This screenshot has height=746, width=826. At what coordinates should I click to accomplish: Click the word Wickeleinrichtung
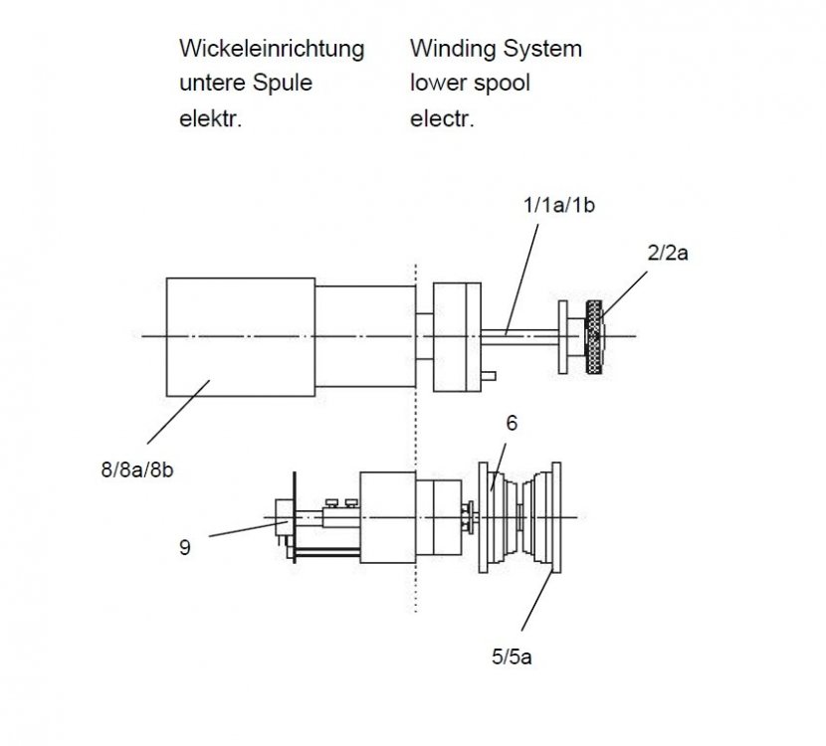(271, 48)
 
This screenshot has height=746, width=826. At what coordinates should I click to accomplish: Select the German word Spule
(284, 84)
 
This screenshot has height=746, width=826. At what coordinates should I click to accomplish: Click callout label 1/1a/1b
(559, 206)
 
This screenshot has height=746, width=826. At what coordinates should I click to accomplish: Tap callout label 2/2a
(669, 253)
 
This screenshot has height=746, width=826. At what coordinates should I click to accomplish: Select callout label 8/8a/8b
(138, 468)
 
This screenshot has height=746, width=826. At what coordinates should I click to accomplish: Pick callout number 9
(186, 546)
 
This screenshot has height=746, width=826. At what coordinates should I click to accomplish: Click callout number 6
(512, 423)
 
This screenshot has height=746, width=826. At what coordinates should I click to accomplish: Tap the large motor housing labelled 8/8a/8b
(240, 336)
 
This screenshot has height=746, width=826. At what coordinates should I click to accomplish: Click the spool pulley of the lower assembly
(524, 516)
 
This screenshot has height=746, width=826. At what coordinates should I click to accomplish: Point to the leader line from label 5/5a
(534, 607)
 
